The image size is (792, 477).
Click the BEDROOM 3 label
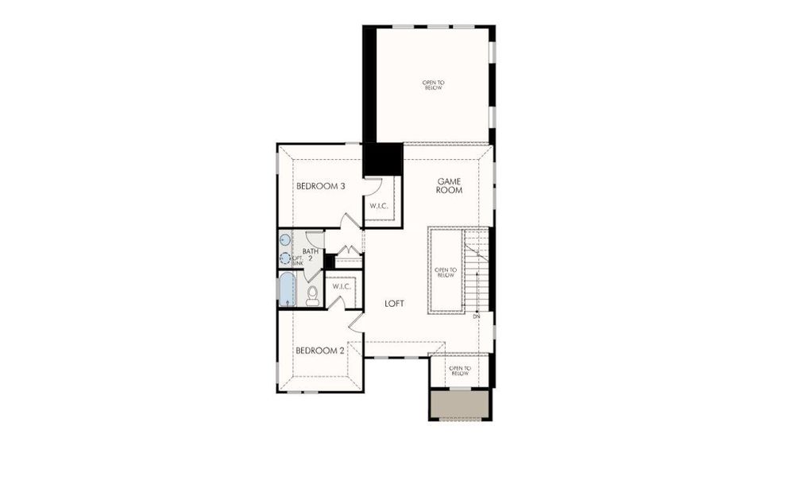(320, 187)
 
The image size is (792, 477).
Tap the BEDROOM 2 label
(319, 351)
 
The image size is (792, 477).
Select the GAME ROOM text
(449, 186)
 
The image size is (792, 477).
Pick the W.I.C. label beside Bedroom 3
(378, 207)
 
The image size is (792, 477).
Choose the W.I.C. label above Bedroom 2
(342, 286)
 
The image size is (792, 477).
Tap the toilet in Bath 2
(312, 296)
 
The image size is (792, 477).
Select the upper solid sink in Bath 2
(285, 240)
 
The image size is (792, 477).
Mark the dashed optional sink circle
(285, 258)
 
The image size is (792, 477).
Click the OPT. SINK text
(298, 262)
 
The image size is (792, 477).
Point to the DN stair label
(477, 317)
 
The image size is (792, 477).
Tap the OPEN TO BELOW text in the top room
(433, 84)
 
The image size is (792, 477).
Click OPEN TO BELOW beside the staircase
(446, 273)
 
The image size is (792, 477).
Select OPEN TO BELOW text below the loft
(460, 370)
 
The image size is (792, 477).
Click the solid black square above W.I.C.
(382, 159)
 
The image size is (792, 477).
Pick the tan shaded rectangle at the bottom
(459, 405)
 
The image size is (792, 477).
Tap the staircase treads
(476, 270)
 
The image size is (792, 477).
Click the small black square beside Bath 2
(329, 261)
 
